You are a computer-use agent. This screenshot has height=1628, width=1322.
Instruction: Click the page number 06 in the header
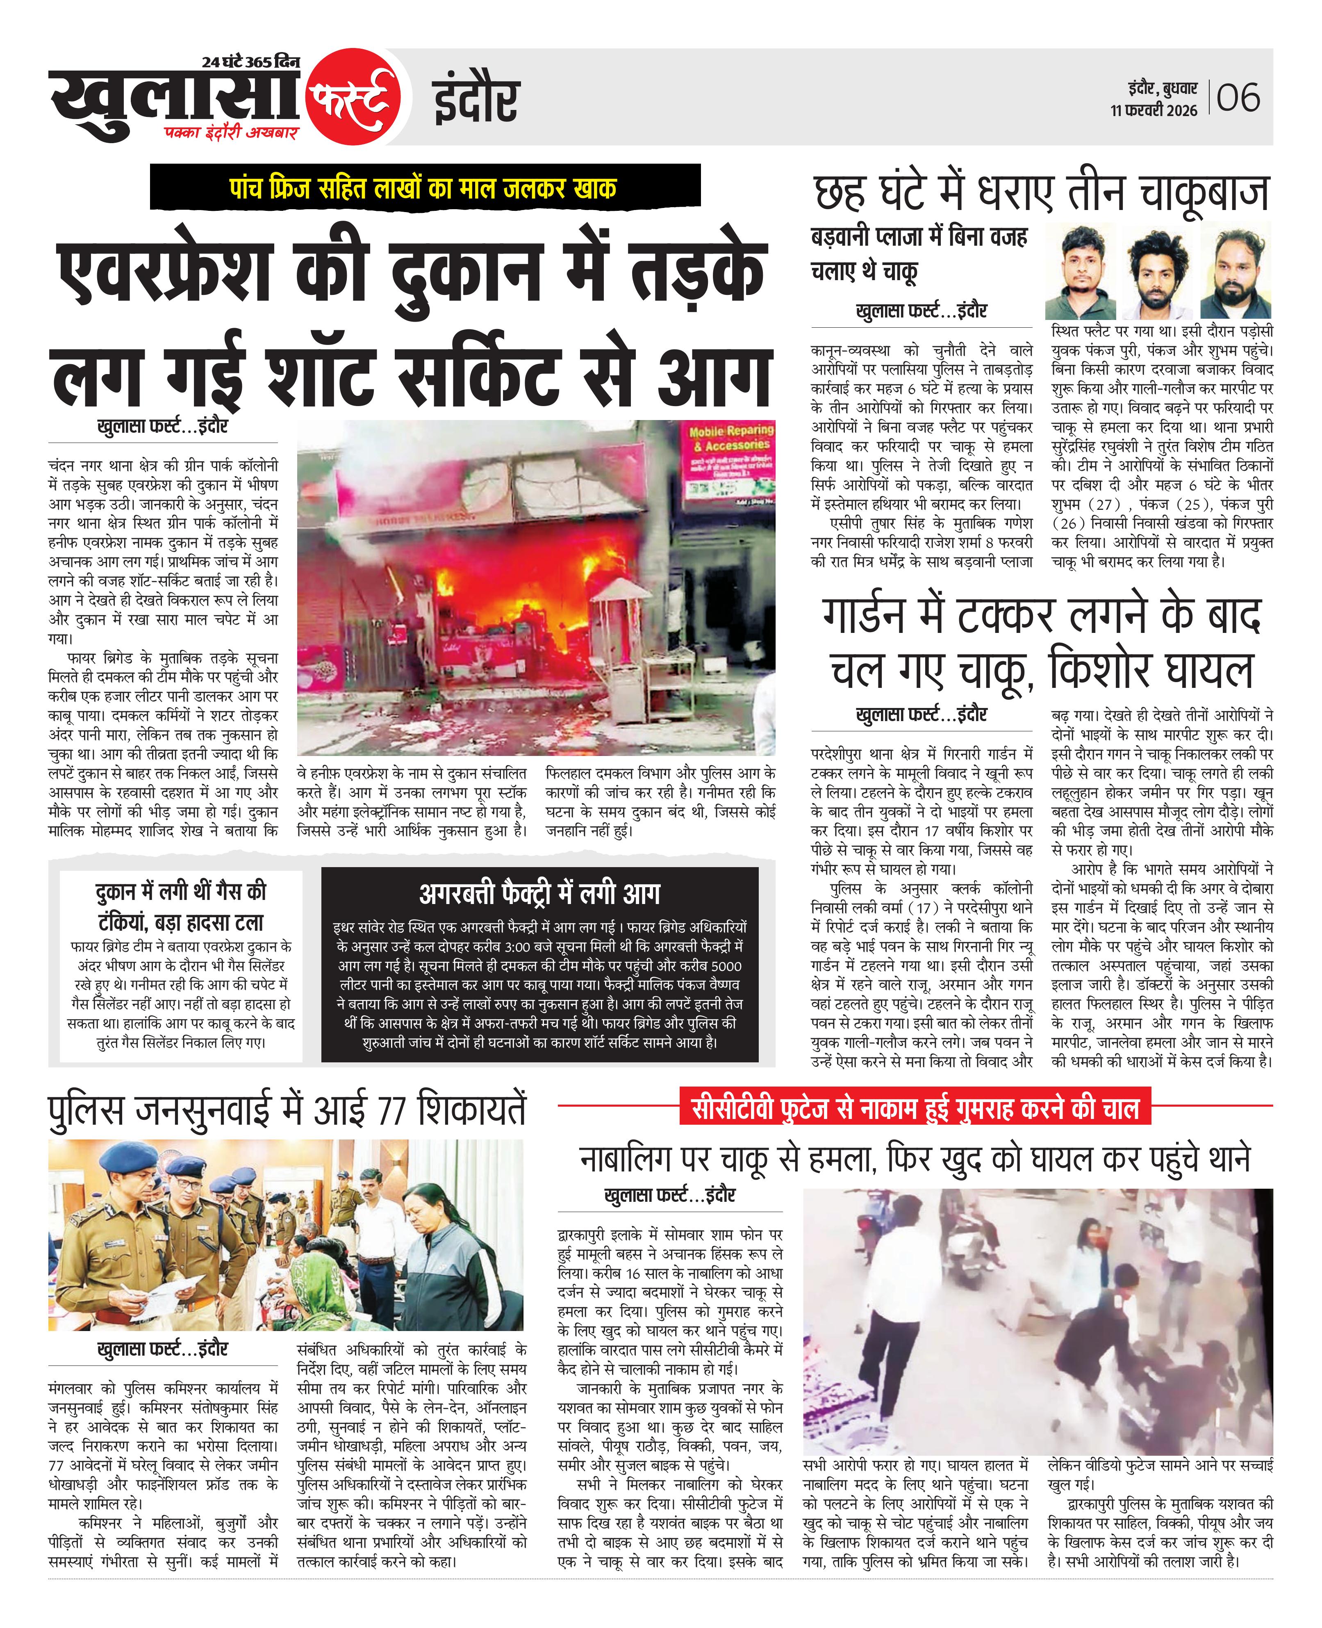[x=1238, y=98]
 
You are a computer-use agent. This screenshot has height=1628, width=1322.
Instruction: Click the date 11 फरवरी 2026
[x=1154, y=110]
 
